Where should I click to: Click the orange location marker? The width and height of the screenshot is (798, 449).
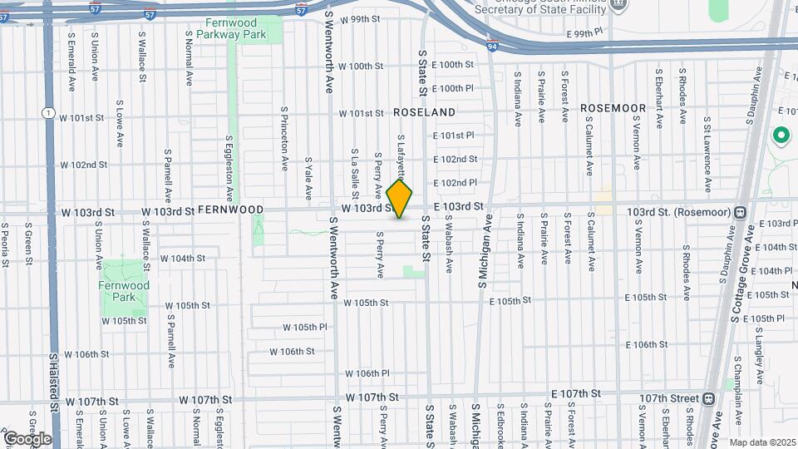tap(400, 200)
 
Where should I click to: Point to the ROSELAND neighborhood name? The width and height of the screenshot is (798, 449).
tap(424, 111)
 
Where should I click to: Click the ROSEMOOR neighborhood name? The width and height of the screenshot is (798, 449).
tap(613, 108)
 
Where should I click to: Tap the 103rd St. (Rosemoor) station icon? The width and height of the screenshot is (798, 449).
tap(739, 212)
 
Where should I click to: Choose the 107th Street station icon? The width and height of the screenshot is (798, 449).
tap(708, 398)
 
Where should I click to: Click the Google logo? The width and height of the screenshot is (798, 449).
tap(27, 438)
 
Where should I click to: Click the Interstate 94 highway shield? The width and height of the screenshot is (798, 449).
tap(493, 47)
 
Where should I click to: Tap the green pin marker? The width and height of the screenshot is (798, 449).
tap(781, 135)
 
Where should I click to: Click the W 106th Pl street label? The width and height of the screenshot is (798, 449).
tap(367, 373)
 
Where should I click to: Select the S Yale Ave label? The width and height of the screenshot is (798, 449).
tap(308, 178)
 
